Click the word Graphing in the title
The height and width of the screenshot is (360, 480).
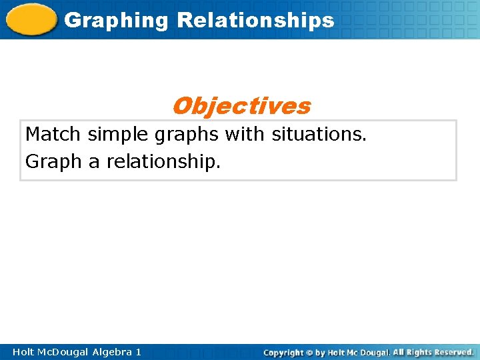coord(117,21)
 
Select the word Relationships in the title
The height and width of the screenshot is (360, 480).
coord(255,20)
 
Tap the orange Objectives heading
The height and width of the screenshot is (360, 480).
coord(241,105)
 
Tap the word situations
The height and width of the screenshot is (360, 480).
coord(319,135)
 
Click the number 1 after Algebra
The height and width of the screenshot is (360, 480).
coord(138,351)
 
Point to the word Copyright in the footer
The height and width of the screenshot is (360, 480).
coord(283,352)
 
